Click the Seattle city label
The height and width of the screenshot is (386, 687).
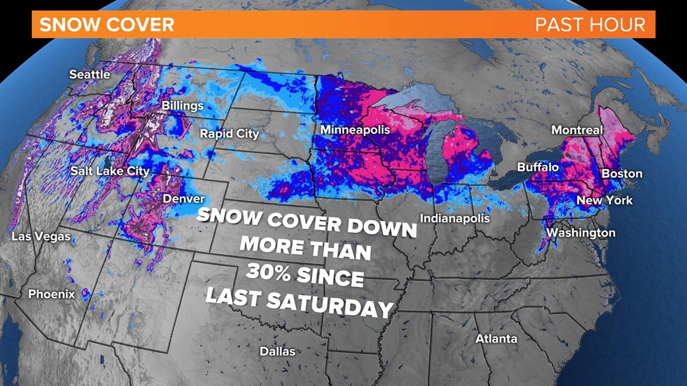coord(90,75)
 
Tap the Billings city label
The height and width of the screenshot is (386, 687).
coord(183,106)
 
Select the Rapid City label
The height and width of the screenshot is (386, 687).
coord(229,133)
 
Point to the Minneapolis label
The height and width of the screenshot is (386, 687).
coord(355,130)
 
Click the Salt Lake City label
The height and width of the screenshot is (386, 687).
coord(110,171)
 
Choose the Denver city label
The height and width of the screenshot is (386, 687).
coord(183,199)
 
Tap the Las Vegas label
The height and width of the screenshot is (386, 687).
coord(41,237)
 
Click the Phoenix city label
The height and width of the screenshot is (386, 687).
coord(52,294)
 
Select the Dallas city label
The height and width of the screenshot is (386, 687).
coord(277,351)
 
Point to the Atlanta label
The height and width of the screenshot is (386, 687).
coord(496,338)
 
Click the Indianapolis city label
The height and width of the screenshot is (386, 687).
coord(454,218)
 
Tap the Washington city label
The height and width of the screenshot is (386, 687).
coord(580,232)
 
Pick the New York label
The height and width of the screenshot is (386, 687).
coord(604,200)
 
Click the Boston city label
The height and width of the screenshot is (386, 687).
coord(622,173)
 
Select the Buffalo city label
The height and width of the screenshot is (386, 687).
coord(538,167)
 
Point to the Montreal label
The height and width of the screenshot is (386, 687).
coord(577,130)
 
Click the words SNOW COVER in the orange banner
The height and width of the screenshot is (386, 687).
coord(107,25)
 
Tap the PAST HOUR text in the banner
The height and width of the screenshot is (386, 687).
coord(590,25)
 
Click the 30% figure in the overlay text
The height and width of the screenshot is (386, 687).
coord(271,272)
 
